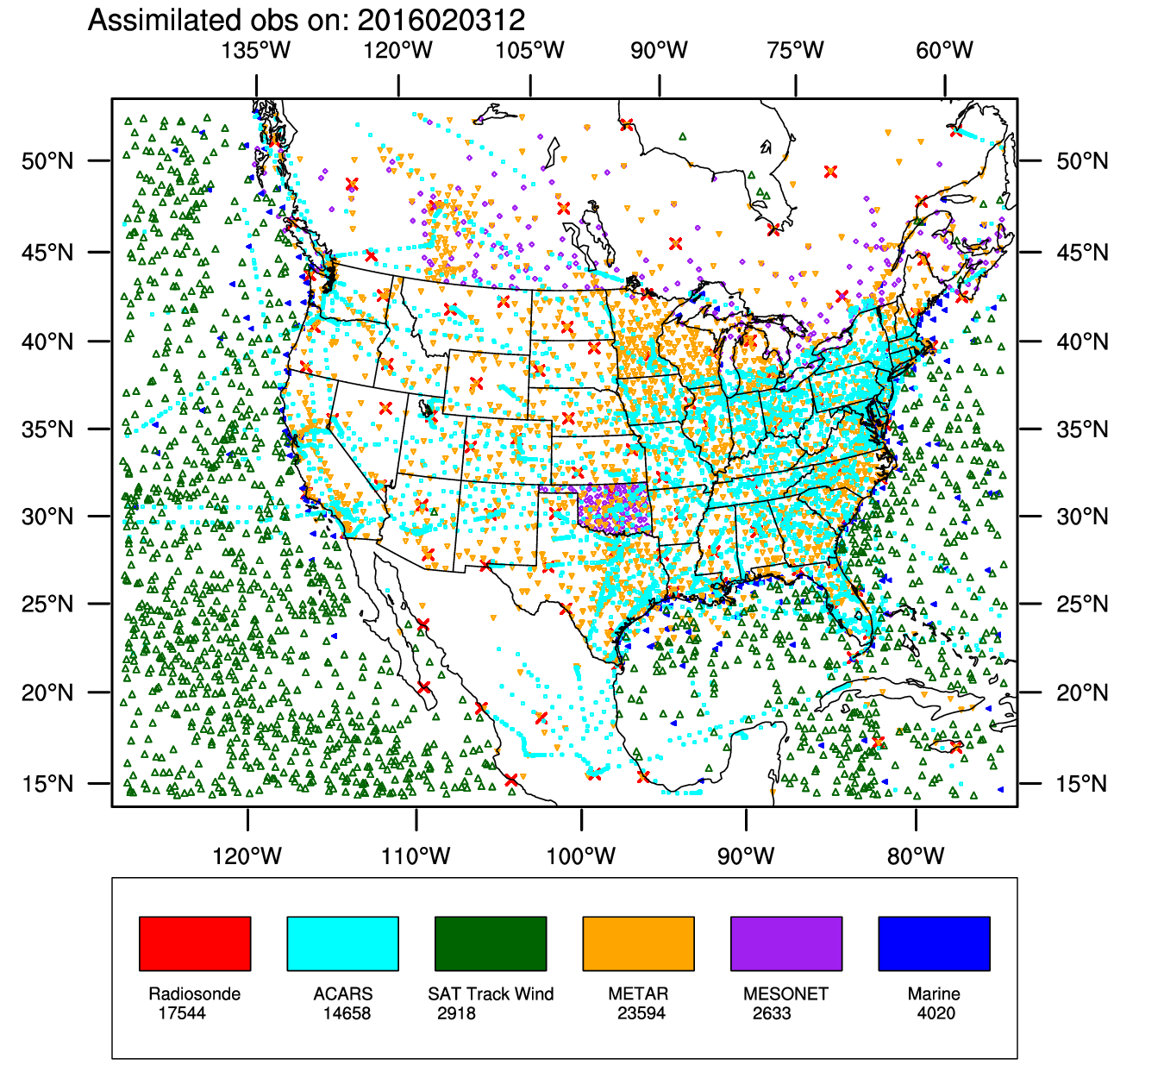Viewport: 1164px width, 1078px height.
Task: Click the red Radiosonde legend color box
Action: pyautogui.click(x=195, y=943)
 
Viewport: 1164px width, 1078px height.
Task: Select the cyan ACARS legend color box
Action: pyautogui.click(x=342, y=943)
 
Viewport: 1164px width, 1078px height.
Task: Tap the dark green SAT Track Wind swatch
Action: pyautogui.click(x=491, y=943)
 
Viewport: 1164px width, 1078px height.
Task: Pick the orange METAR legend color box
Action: pyautogui.click(x=638, y=943)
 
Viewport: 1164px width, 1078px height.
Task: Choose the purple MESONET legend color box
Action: pyautogui.click(x=786, y=943)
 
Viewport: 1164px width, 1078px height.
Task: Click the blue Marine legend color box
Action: pyautogui.click(x=934, y=943)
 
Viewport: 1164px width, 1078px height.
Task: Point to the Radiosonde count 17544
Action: pyautogui.click(x=182, y=1013)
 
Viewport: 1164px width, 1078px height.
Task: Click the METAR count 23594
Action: pyautogui.click(x=641, y=1013)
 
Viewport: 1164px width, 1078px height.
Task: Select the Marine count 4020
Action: pyautogui.click(x=936, y=1013)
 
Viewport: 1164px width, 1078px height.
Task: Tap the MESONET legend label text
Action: pyautogui.click(x=785, y=993)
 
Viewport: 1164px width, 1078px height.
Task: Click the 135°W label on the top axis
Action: pyautogui.click(x=256, y=50)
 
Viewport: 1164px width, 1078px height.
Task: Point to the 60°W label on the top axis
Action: pyautogui.click(x=945, y=50)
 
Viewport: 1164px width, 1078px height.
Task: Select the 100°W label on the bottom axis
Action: pyautogui.click(x=581, y=856)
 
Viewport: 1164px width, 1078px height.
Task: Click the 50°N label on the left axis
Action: pyautogui.click(x=48, y=161)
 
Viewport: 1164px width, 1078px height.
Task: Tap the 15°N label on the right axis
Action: pyautogui.click(x=1082, y=784)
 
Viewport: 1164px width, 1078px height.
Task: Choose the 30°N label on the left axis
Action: pyautogui.click(x=48, y=517)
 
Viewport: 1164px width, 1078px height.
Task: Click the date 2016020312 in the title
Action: pyautogui.click(x=441, y=19)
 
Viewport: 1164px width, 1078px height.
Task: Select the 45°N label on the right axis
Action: pyautogui.click(x=1082, y=253)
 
